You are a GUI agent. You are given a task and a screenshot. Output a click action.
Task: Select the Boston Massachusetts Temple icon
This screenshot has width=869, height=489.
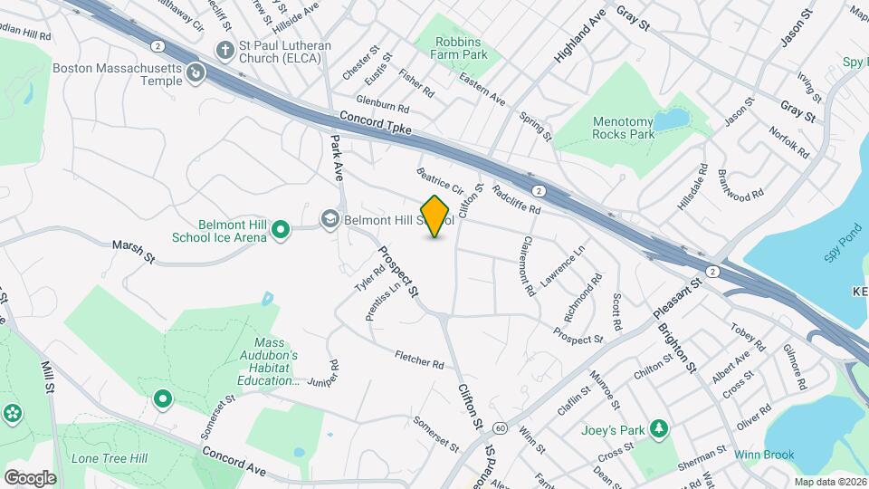pyautogui.click(x=196, y=74)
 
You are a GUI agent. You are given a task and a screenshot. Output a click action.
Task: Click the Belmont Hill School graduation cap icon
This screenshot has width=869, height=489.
pyautogui.click(x=330, y=219)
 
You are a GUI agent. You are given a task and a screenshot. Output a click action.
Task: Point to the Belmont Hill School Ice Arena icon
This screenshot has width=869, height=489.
pyautogui.click(x=281, y=231)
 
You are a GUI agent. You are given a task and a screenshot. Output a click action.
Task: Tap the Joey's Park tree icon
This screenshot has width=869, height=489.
pyautogui.click(x=661, y=428)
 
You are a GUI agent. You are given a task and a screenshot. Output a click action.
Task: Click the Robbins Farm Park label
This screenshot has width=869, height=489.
pyautogui.click(x=462, y=48)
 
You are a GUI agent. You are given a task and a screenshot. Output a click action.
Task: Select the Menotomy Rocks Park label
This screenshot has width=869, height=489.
pyautogui.click(x=623, y=128)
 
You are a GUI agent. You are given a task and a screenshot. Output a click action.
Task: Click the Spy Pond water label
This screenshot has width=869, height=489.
pyautogui.click(x=855, y=62)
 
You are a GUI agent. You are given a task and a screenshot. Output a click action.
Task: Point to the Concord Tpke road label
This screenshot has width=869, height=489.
pyautogui.click(x=376, y=124)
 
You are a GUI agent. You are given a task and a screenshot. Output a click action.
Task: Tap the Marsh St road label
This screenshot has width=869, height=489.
pyautogui.click(x=134, y=245)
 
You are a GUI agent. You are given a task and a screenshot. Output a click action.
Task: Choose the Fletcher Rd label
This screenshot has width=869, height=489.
pyautogui.click(x=419, y=360)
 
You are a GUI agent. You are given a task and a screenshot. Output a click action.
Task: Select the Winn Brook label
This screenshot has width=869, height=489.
pyautogui.click(x=764, y=455)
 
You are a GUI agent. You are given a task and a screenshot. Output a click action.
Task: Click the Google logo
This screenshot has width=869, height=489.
pyautogui.click(x=30, y=478)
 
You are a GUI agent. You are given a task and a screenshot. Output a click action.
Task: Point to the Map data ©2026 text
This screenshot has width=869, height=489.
pyautogui.click(x=830, y=482)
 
